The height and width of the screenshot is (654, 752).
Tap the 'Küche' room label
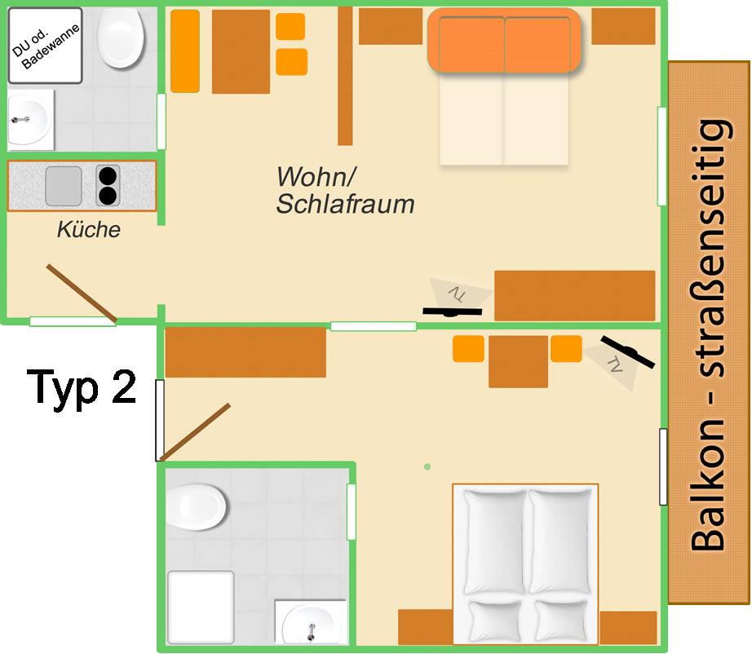tap(89, 230)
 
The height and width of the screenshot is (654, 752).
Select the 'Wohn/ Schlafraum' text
tap(345, 190)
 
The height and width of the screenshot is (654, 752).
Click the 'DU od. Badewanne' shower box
tap(46, 46)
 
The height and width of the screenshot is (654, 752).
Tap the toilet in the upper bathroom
tap(121, 38)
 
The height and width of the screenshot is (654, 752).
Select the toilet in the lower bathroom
tap(196, 506)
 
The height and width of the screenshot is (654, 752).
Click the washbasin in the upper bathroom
tap(30, 117)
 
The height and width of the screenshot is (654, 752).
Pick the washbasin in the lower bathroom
tap(312, 622)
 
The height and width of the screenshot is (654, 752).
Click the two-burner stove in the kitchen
tap(108, 186)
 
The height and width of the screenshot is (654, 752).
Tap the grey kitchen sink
tap(64, 186)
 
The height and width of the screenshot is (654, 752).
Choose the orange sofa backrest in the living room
tap(504, 40)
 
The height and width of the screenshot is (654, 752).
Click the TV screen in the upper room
tap(452, 312)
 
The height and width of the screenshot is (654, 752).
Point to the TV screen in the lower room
tap(627, 352)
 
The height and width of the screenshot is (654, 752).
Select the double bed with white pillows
tap(525, 564)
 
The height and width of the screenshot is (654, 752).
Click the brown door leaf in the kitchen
tap(82, 293)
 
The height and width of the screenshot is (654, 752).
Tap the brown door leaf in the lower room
tap(195, 432)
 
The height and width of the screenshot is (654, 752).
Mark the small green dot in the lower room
tap(427, 466)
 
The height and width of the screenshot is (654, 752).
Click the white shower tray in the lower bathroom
tap(201, 607)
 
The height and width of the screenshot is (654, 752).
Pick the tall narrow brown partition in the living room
tap(345, 75)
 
